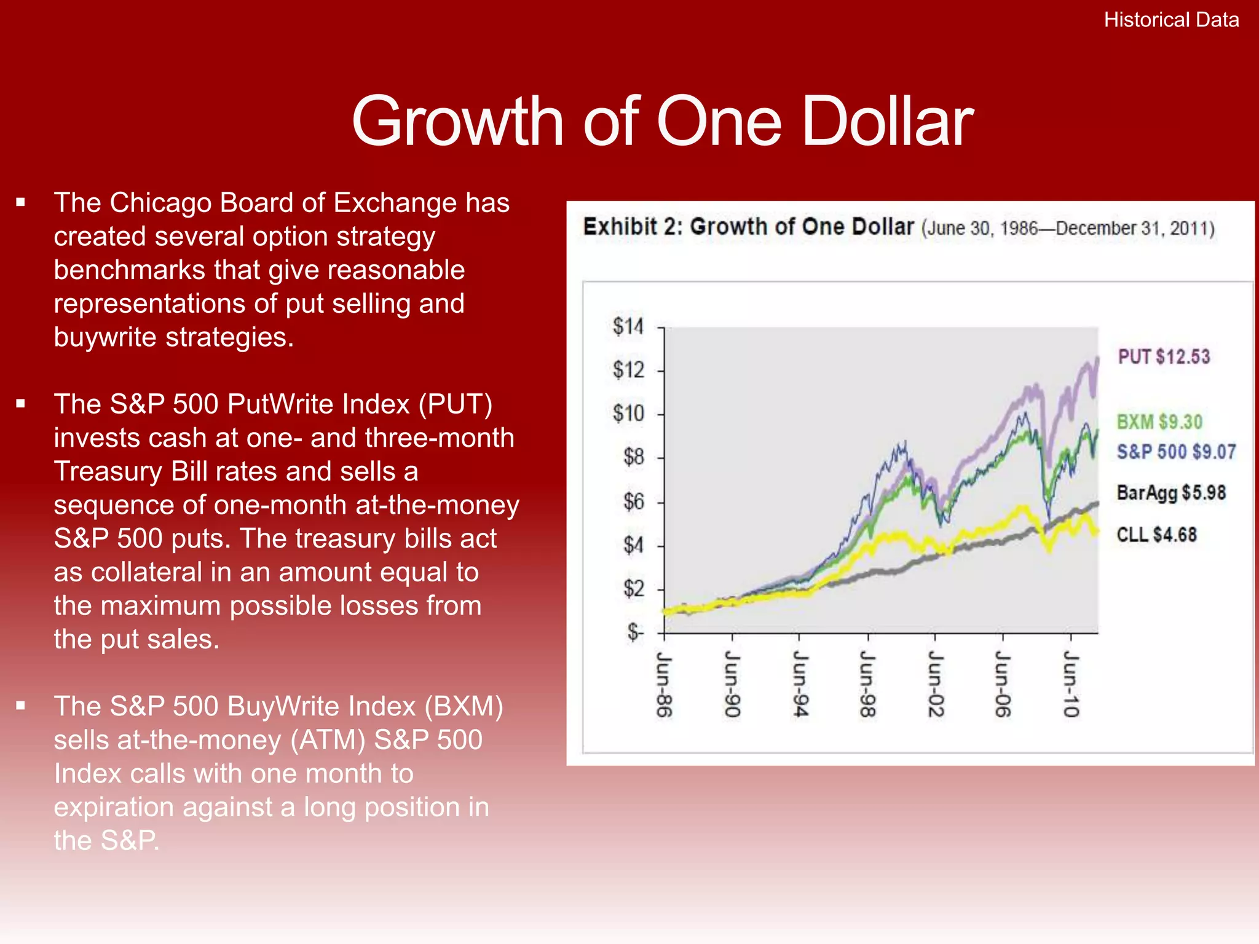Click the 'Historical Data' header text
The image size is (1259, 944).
[1171, 20]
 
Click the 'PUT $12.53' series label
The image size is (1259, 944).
[1164, 357]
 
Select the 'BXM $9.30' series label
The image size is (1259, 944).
[1159, 422]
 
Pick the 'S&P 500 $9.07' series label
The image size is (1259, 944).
[1176, 452]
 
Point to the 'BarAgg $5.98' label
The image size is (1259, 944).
[1171, 493]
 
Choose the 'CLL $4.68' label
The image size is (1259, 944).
[1156, 535]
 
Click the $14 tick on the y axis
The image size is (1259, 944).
[628, 326]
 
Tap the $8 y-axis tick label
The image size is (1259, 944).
[633, 457]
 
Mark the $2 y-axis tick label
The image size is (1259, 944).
[633, 589]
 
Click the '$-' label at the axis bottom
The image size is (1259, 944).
[635, 632]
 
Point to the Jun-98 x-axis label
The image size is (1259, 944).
[867, 684]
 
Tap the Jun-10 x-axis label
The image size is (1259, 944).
[1071, 684]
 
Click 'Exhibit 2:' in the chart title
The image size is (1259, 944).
[633, 227]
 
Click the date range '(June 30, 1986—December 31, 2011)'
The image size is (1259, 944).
[1068, 229]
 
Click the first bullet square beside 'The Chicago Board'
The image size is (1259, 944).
[21, 202]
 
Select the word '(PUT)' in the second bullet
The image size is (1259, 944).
[456, 404]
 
